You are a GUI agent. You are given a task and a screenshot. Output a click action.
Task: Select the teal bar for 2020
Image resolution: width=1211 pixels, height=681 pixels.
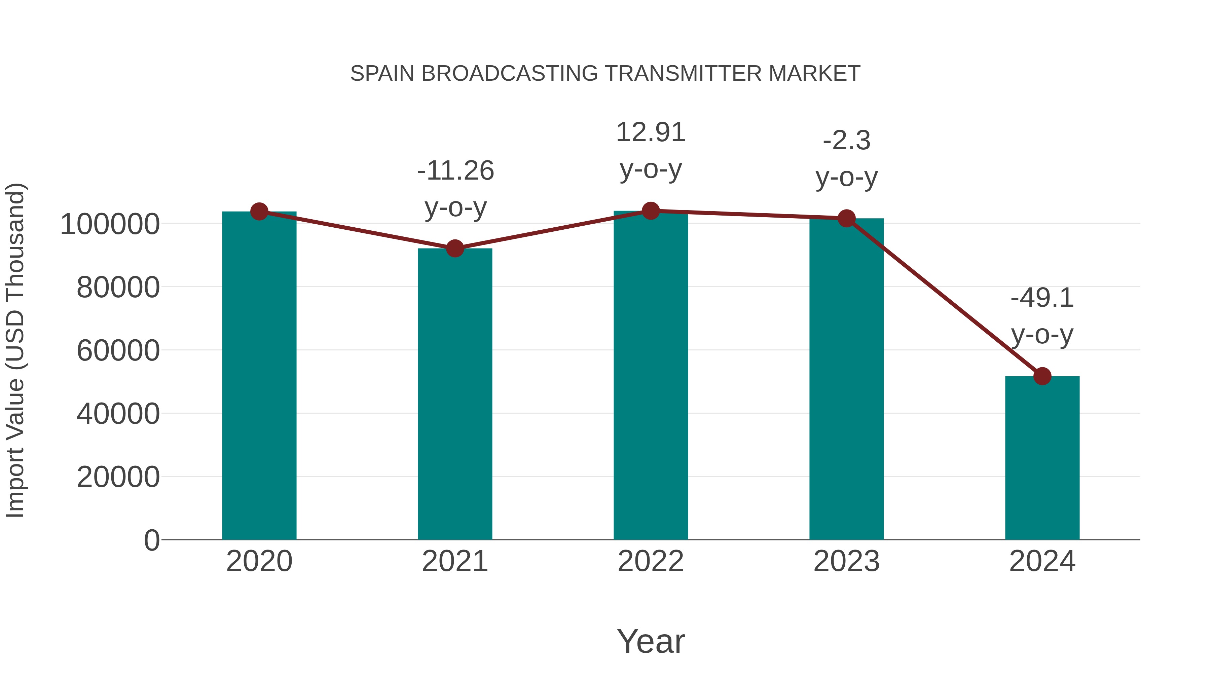pyautogui.click(x=259, y=376)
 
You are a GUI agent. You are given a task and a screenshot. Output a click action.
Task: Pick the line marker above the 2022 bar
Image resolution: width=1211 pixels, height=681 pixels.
pyautogui.click(x=651, y=211)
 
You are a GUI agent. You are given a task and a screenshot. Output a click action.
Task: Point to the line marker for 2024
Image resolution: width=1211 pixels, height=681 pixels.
pyautogui.click(x=1042, y=376)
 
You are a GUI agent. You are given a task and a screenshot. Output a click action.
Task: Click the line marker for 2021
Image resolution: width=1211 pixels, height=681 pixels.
pyautogui.click(x=454, y=249)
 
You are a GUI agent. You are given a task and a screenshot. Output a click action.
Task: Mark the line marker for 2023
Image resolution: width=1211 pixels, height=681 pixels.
pyautogui.click(x=846, y=218)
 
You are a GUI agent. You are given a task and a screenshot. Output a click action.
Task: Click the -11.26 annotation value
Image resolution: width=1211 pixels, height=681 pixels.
pyautogui.click(x=455, y=171)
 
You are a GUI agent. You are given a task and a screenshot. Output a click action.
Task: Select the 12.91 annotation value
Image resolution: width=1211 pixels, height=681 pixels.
pyautogui.click(x=651, y=133)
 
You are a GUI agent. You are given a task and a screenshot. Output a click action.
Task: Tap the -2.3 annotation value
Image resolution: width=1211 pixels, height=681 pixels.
pyautogui.click(x=846, y=141)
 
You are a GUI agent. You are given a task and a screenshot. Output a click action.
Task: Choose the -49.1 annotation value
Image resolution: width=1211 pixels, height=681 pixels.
pyautogui.click(x=1042, y=298)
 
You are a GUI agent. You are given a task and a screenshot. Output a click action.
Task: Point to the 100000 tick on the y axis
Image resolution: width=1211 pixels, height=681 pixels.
pyautogui.click(x=110, y=224)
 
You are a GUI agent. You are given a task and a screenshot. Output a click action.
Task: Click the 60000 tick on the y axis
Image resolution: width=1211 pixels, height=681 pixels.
pyautogui.click(x=118, y=351)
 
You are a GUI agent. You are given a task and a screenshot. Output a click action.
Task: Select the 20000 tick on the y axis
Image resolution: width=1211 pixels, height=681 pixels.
pyautogui.click(x=118, y=477)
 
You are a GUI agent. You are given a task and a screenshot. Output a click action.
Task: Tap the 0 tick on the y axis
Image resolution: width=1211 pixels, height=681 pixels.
pyautogui.click(x=151, y=540)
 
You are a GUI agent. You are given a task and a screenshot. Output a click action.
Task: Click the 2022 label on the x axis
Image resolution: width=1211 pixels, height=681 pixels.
pyautogui.click(x=651, y=561)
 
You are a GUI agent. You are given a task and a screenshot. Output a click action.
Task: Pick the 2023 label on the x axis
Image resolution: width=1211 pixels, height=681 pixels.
pyautogui.click(x=846, y=561)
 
